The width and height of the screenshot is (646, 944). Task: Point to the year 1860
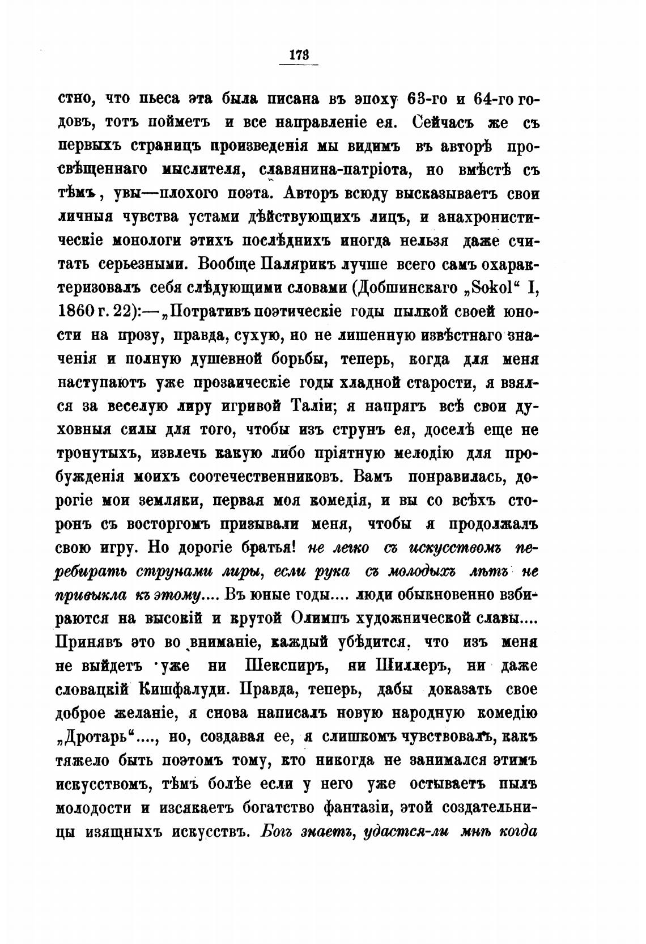[x=82, y=312]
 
